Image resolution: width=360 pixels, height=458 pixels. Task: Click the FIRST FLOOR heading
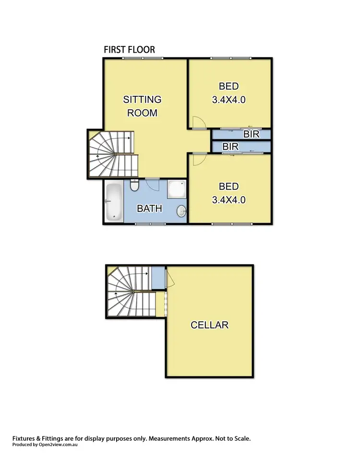(129, 50)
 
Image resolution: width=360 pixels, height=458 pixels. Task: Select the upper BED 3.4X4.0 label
(228, 93)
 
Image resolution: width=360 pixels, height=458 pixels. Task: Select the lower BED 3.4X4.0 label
(228, 193)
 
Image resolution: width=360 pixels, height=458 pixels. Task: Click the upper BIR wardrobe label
(251, 134)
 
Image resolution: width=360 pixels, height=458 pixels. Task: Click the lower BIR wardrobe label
(231, 146)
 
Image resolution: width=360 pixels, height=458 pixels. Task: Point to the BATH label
(150, 209)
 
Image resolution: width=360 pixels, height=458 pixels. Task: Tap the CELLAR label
(209, 325)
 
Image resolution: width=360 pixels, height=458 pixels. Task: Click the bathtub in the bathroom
(114, 202)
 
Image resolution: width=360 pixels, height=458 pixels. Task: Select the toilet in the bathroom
(134, 186)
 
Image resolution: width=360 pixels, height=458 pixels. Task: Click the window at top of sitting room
(143, 59)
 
